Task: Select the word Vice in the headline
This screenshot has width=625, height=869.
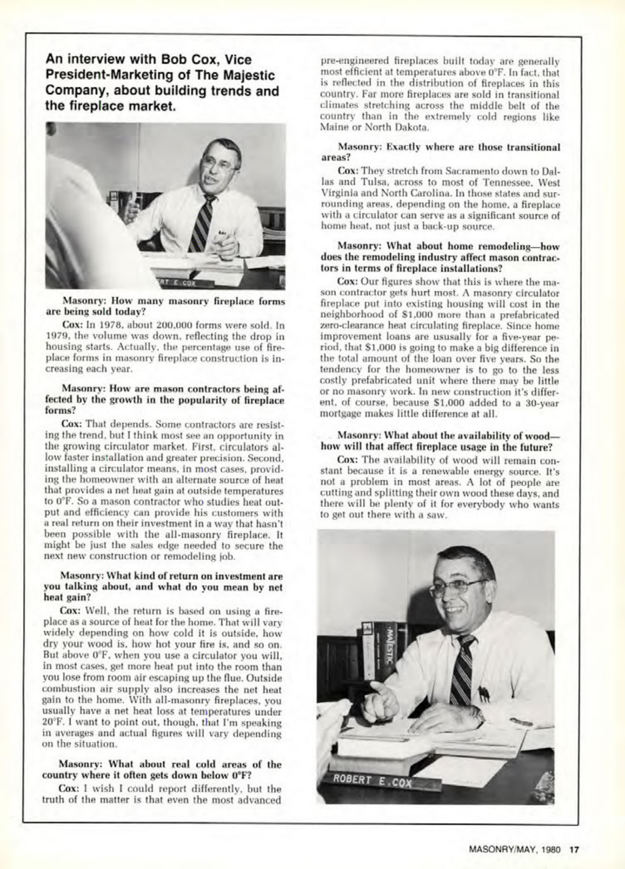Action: [238, 59]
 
